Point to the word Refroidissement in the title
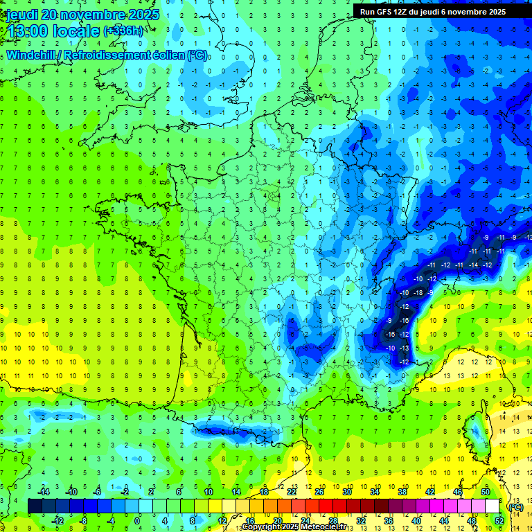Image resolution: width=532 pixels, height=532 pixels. pyautogui.click(x=129, y=55)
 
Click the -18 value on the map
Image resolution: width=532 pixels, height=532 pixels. pyautogui.click(x=418, y=292)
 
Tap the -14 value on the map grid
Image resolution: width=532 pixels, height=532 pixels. pyautogui.click(x=474, y=265)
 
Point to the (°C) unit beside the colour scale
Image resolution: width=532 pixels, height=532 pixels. pyautogui.click(x=515, y=506)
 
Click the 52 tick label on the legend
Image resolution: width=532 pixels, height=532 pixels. pyautogui.click(x=499, y=521)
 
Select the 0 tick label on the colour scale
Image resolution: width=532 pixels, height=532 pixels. pyautogui.click(x=137, y=521)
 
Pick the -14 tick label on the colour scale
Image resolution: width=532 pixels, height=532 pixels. pyautogui.click(x=44, y=492)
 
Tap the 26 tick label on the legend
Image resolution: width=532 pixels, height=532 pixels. pyautogui.click(x=319, y=492)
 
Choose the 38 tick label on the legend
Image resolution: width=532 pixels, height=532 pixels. pyautogui.click(x=402, y=492)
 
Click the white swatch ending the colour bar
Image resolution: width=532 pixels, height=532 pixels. pyautogui.click(x=492, y=506)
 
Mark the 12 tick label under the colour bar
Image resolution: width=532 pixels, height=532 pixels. pyautogui.click(x=223, y=521)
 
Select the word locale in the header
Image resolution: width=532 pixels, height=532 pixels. pyautogui.click(x=76, y=31)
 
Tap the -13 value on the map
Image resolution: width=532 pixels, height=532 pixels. pyautogui.click(x=405, y=348)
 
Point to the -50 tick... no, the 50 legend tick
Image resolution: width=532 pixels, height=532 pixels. pyautogui.click(x=485, y=492)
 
